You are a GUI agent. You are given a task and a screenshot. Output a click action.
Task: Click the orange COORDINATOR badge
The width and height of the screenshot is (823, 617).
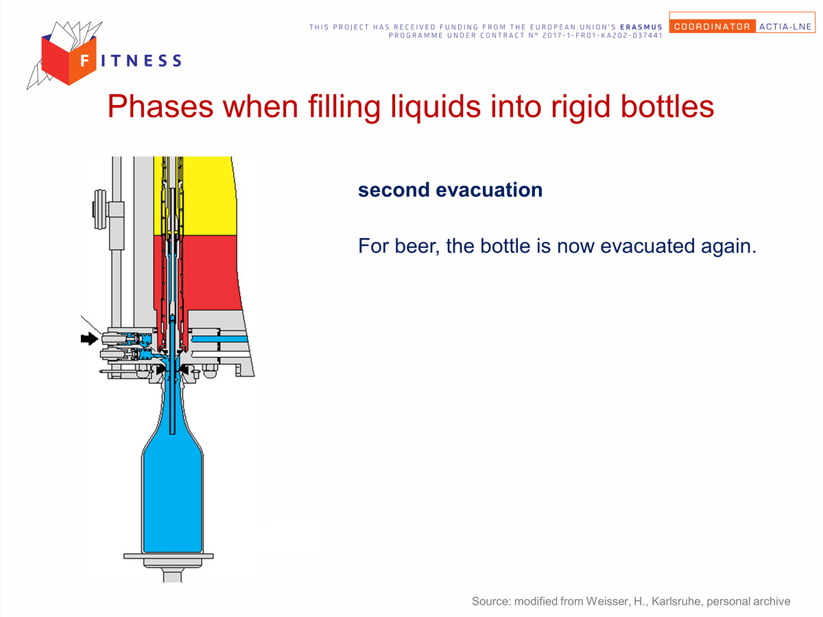click(713, 26)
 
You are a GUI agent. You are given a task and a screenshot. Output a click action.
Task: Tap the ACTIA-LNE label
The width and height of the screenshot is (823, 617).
click(785, 27)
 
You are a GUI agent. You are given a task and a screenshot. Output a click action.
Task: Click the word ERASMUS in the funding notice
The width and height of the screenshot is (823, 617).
click(641, 27)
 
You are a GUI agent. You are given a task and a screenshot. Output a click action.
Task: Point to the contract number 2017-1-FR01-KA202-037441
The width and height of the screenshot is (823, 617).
click(603, 36)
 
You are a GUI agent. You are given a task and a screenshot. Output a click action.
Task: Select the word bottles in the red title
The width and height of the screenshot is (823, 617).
click(667, 106)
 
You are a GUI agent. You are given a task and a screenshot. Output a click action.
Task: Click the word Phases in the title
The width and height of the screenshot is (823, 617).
click(160, 106)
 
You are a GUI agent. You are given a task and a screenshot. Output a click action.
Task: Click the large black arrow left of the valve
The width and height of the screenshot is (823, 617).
click(89, 339)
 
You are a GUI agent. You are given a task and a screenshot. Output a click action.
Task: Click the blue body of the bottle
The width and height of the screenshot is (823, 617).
click(173, 498)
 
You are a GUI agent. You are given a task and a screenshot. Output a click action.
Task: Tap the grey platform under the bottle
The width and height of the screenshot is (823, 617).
click(169, 556)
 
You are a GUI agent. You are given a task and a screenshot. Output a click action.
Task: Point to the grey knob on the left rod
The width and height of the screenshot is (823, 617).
click(99, 209)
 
